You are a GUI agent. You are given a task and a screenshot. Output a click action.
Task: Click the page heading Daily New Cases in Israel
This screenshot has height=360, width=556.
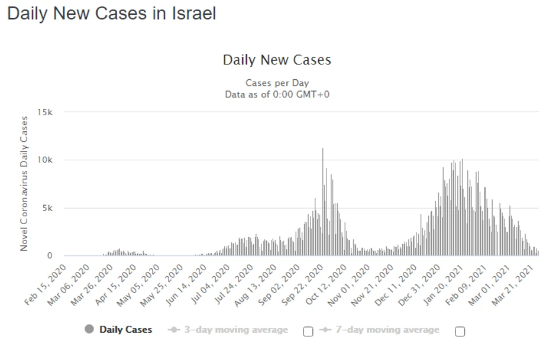(111, 14)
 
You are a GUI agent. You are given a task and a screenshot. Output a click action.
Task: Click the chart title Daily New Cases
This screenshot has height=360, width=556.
(277, 60)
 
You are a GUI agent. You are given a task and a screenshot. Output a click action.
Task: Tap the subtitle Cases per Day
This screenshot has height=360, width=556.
(277, 83)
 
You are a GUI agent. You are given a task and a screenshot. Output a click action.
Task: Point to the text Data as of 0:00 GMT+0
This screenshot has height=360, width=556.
(277, 94)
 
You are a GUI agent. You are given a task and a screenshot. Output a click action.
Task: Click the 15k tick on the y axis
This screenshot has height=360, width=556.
(46, 112)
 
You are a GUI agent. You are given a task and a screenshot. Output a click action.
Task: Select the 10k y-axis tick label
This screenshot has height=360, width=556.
(46, 160)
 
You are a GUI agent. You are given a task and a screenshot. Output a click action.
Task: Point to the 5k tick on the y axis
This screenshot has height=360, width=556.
(48, 208)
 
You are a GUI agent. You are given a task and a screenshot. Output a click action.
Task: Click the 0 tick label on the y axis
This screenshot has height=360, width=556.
(50, 256)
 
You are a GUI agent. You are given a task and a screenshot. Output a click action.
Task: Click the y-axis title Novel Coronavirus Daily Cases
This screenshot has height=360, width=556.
(24, 184)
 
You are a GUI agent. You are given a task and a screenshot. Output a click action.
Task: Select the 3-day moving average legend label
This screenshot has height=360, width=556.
(235, 330)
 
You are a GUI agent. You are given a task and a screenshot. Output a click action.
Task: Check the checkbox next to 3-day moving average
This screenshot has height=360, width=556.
(308, 332)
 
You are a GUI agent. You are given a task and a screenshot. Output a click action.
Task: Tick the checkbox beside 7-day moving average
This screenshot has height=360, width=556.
(460, 332)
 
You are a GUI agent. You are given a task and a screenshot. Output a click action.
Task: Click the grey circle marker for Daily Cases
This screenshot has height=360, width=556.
(89, 329)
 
